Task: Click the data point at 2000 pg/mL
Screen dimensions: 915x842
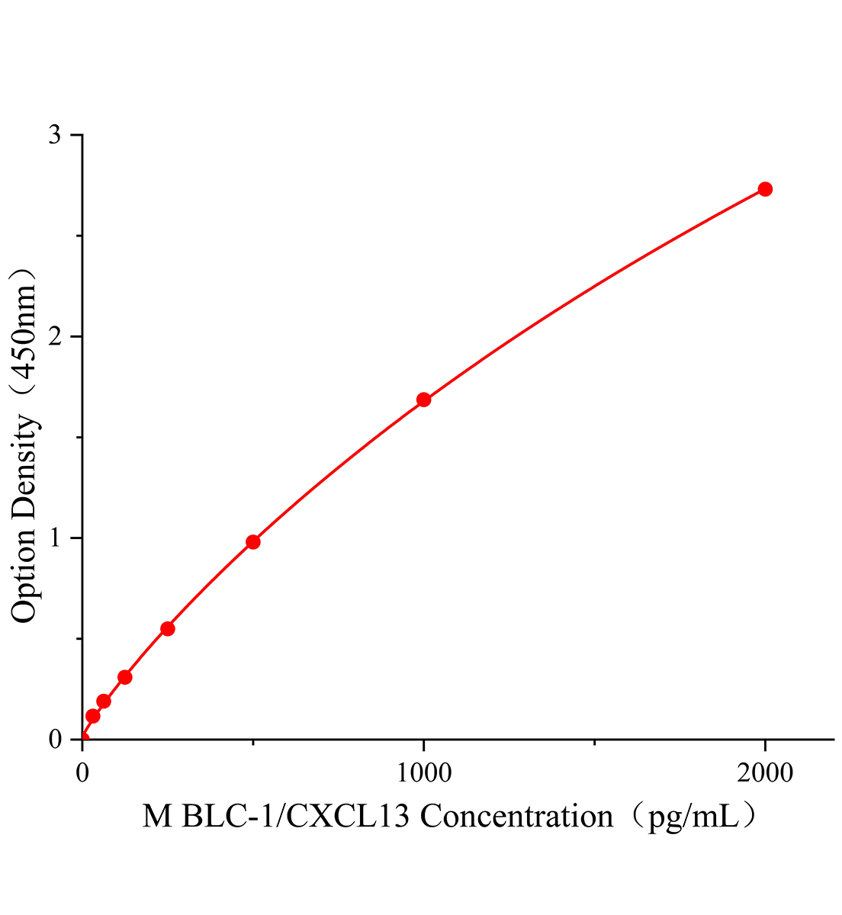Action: [x=765, y=189]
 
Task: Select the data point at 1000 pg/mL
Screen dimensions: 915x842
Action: [x=424, y=400]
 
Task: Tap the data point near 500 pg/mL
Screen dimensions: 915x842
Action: [x=253, y=542]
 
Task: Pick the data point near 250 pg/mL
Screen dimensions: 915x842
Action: [x=168, y=629]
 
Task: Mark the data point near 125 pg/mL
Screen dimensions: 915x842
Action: [x=125, y=677]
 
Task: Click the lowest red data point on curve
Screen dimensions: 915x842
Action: [x=93, y=716]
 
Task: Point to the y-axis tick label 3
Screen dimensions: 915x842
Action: [x=55, y=135]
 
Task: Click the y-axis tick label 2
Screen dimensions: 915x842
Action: [x=55, y=336]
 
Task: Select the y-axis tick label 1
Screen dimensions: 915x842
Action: [x=55, y=538]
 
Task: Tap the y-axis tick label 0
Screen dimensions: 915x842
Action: [x=55, y=739]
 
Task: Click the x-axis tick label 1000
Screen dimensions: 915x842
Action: [x=423, y=773]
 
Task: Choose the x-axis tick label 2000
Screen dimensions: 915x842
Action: [x=765, y=773]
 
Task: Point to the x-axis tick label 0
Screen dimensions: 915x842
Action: [x=82, y=773]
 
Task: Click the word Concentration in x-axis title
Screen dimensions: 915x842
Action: [x=517, y=817]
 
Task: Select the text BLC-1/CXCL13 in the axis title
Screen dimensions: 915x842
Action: [x=297, y=817]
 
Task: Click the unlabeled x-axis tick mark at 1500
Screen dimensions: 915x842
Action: [x=595, y=743]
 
